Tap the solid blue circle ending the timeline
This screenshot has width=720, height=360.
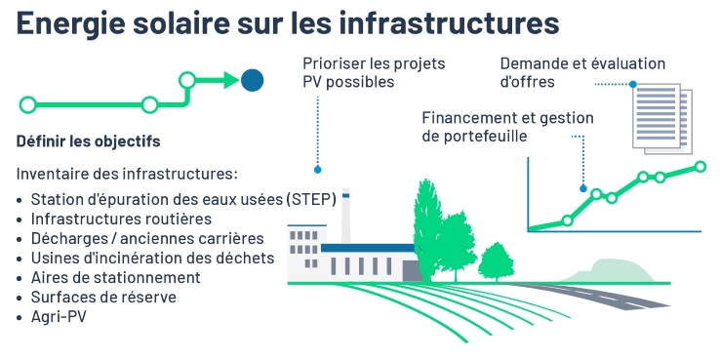coord(253,80)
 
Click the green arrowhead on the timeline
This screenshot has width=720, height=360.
coord(229,80)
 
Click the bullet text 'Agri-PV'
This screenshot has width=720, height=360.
coord(60,317)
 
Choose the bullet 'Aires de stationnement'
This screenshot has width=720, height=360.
coord(116,277)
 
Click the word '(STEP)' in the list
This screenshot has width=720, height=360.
coord(311,199)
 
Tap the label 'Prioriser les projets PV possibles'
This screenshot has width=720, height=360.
coord(374,72)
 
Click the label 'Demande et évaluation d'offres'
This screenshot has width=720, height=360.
coord(582,72)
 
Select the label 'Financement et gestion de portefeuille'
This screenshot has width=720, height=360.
coord(507,127)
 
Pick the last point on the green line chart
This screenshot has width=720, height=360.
coord(700,167)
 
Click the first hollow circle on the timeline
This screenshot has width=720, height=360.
coord(28,104)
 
